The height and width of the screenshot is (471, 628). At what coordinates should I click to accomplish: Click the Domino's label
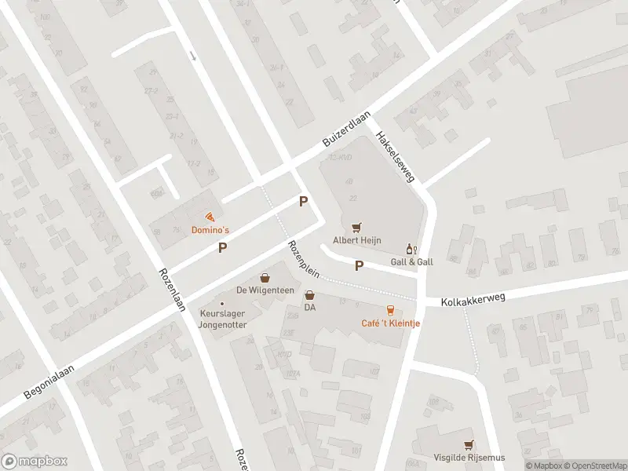210,230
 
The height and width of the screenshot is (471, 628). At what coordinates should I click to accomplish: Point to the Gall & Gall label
411,261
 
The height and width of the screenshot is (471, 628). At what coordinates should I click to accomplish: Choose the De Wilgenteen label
265,290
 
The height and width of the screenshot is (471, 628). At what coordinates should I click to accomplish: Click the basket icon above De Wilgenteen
265,277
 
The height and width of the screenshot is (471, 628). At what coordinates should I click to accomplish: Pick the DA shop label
310,307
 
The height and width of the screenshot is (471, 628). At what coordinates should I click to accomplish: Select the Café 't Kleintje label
390,323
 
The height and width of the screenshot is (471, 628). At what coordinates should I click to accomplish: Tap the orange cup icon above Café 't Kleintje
390,310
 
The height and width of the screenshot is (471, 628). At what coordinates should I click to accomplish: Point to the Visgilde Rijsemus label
469,458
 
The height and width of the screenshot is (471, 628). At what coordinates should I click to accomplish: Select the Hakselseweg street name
395,155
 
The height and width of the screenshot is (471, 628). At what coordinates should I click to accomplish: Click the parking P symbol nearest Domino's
223,248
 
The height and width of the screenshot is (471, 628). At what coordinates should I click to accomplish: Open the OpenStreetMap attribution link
596,466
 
